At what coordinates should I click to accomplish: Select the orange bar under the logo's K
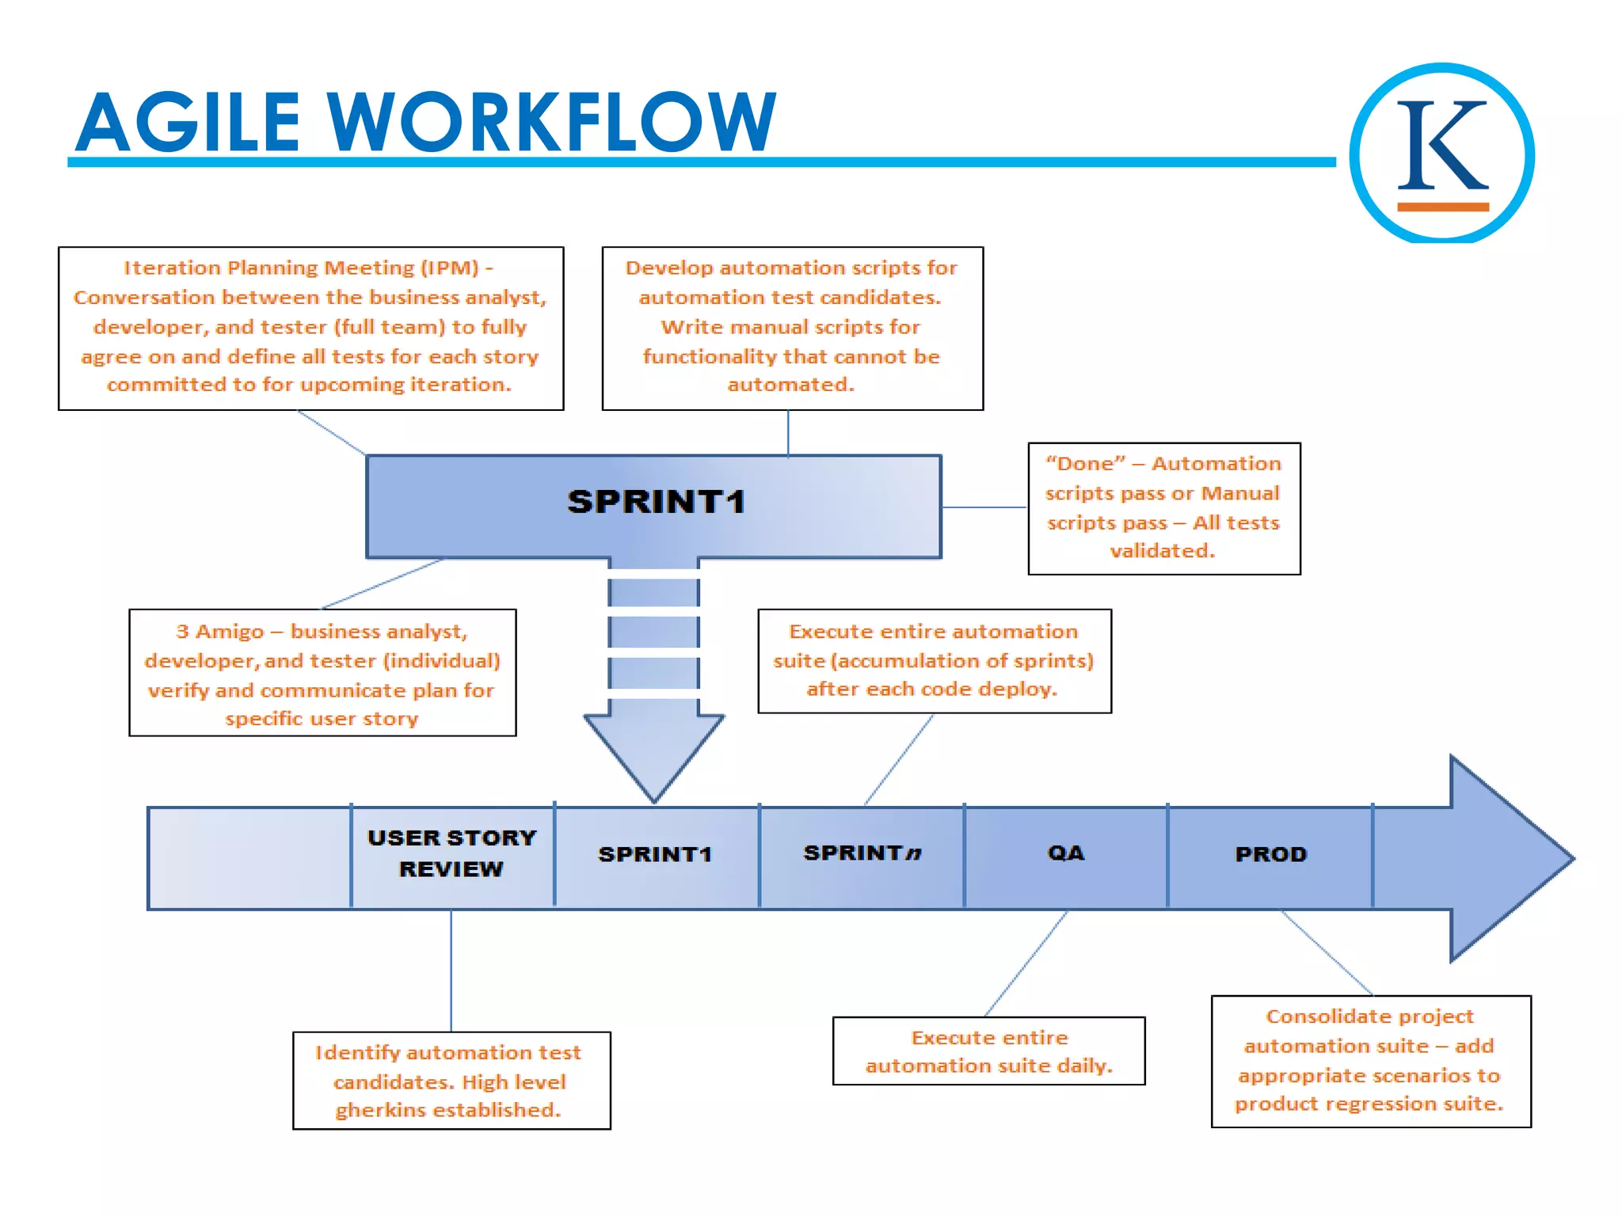tap(1442, 207)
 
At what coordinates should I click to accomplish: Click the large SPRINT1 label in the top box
tap(656, 502)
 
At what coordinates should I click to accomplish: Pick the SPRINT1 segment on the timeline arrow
tap(655, 854)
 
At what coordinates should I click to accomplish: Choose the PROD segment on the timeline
tap(1270, 854)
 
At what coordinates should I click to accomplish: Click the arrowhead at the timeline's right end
tap(1505, 858)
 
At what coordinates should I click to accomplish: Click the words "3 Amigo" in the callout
tap(219, 632)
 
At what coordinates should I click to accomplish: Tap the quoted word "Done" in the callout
tap(1085, 464)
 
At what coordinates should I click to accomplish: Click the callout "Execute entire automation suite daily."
tap(988, 1051)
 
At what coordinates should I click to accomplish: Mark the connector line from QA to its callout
tap(1026, 963)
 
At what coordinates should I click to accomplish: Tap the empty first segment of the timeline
tap(249, 858)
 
